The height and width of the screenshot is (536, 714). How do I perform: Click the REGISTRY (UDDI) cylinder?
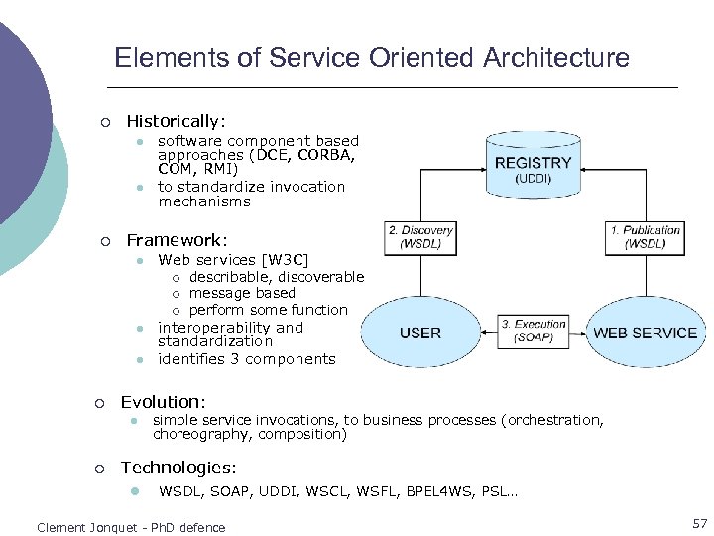(533, 167)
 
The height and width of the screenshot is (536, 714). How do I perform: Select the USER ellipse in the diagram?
(420, 334)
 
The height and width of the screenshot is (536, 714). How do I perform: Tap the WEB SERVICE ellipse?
(645, 334)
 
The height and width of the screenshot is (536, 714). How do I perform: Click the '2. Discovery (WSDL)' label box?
(420, 237)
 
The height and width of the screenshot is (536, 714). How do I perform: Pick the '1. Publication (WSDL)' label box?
(645, 237)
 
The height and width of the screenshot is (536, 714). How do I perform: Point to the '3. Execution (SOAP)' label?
(534, 331)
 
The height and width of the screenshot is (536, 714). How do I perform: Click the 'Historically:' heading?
(177, 121)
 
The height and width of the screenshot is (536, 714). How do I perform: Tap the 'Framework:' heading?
(177, 240)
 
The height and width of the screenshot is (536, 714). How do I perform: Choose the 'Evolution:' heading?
(163, 402)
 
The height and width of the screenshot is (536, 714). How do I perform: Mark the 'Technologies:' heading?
(178, 468)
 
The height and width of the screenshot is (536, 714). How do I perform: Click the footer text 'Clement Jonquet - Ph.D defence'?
(131, 527)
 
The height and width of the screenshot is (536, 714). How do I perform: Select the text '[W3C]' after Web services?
(286, 261)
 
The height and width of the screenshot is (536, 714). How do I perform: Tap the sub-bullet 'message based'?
(242, 293)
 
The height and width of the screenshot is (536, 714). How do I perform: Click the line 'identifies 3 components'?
(247, 359)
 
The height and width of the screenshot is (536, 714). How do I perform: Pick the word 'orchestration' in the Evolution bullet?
(555, 420)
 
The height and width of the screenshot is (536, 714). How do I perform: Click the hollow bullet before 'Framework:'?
(105, 241)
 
